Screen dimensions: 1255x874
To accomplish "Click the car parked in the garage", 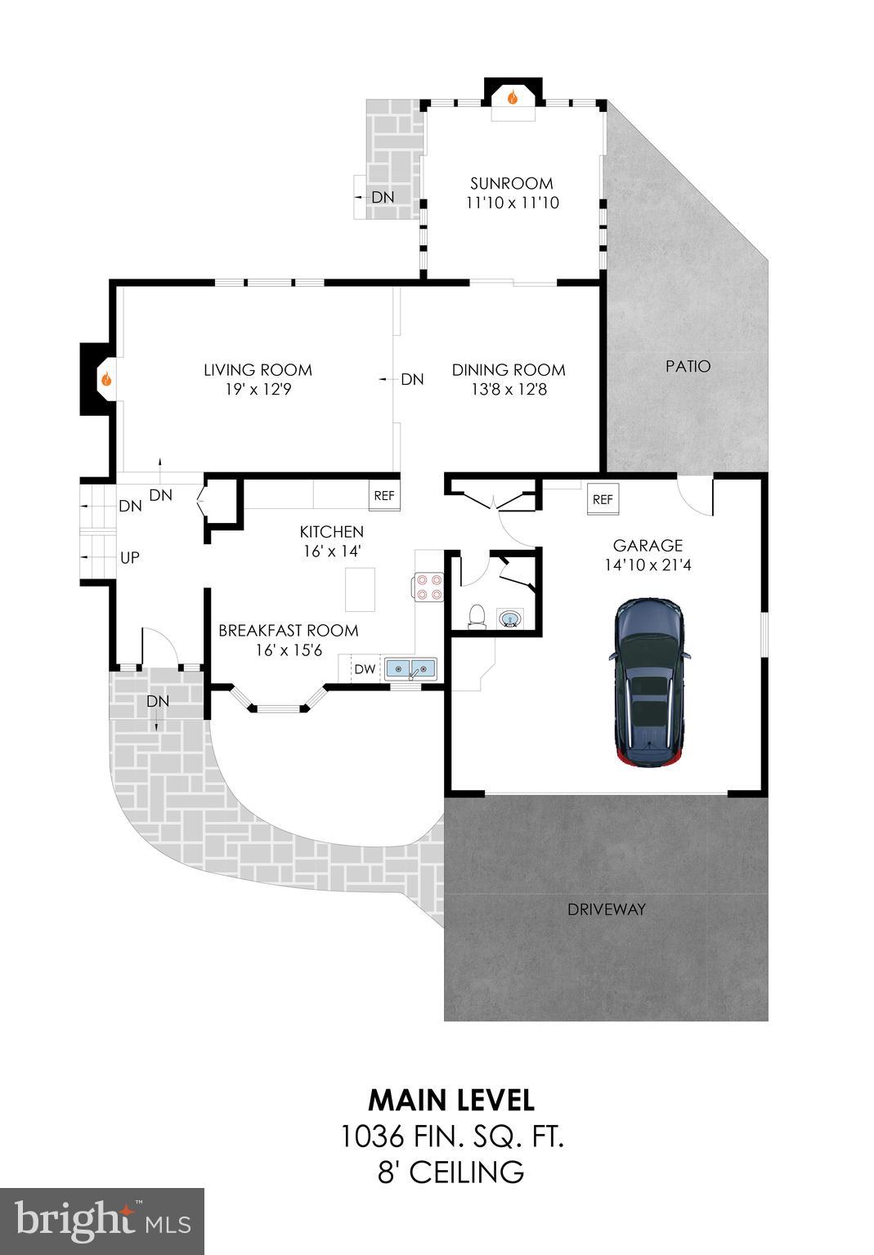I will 651,683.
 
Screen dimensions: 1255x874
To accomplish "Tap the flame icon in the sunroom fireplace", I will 513,97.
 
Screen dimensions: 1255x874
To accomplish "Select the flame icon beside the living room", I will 106,379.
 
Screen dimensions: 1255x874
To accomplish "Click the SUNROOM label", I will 512,183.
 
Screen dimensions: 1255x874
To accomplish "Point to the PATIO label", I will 688,366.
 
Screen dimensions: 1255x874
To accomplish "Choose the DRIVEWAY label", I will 607,909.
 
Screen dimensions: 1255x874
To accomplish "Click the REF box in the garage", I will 603,499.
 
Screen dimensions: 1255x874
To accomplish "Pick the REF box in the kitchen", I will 383,495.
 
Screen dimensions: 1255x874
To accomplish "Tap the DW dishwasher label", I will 365,669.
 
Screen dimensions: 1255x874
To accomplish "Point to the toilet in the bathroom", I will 476,616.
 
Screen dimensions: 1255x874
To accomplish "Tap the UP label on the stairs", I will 130,558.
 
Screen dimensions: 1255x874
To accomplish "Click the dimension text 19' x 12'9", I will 258,390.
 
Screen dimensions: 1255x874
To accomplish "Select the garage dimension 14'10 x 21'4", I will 648,565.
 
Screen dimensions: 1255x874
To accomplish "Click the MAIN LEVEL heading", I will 451,1100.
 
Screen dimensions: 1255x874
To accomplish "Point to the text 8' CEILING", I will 451,1172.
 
